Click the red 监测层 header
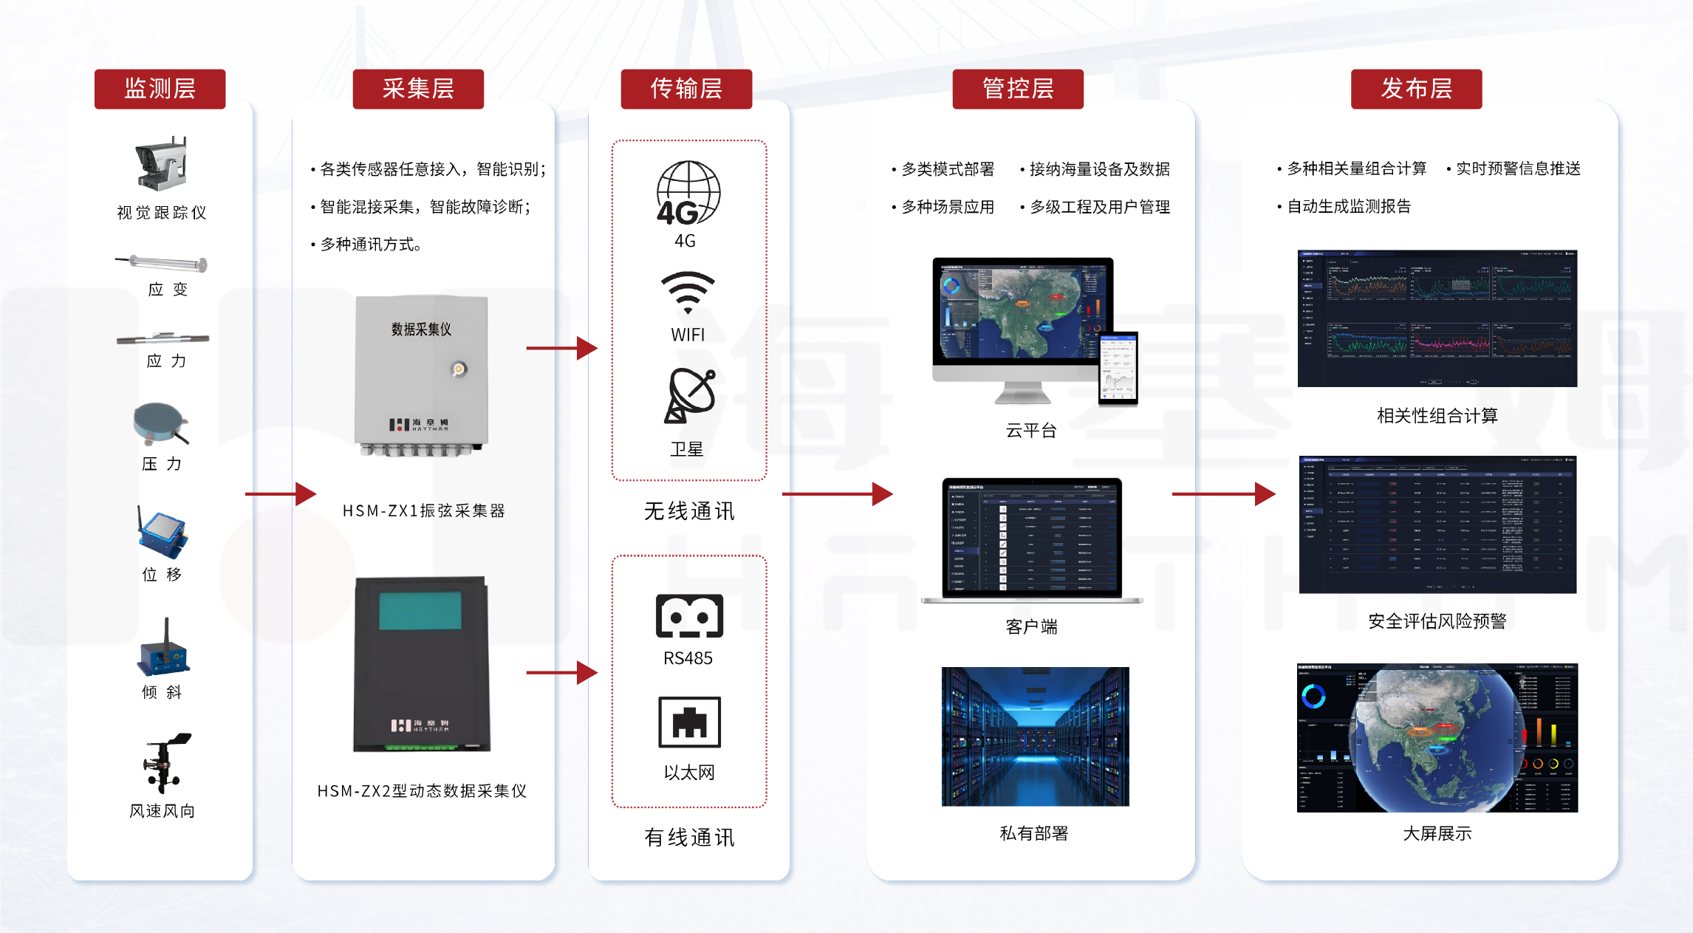[160, 89]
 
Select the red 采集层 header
[418, 89]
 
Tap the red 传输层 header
[686, 89]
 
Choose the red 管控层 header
[1018, 89]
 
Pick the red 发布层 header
[1416, 89]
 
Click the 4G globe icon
[688, 193]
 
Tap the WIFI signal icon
[688, 293]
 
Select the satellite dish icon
[690, 395]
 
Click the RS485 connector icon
[689, 615]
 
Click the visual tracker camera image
[162, 163]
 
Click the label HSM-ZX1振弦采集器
[423, 510]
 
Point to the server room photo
[1035, 736]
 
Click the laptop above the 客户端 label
[1032, 540]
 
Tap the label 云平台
[1031, 431]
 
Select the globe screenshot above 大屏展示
[1437, 737]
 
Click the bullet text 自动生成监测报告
[1348, 207]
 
